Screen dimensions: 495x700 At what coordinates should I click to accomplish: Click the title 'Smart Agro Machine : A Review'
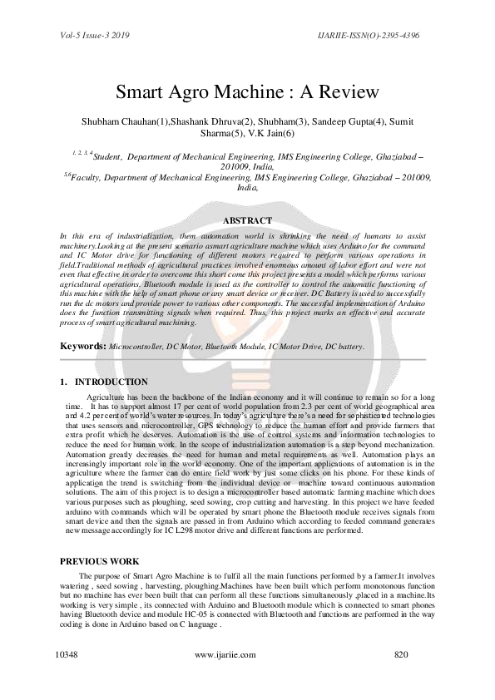pyautogui.click(x=247, y=91)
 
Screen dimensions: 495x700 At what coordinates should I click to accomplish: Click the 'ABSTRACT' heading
pyautogui.click(x=247, y=220)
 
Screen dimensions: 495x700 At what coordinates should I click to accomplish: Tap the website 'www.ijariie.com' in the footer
pyautogui.click(x=225, y=655)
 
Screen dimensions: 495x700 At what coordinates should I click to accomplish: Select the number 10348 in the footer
pyautogui.click(x=67, y=655)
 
